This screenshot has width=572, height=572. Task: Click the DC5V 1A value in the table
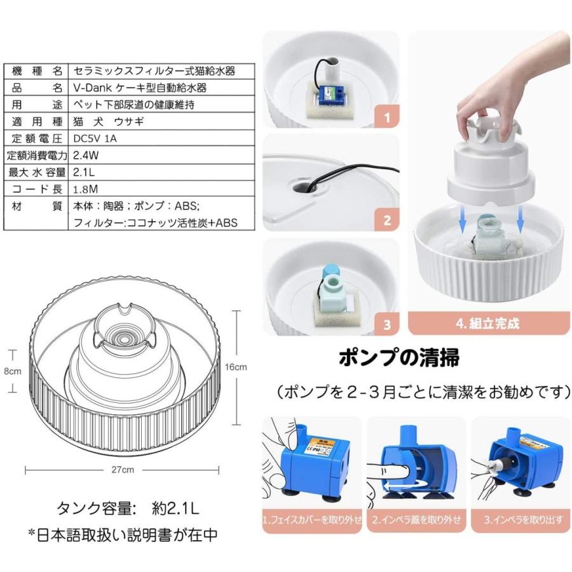[95, 137]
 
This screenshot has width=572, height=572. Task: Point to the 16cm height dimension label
[235, 367]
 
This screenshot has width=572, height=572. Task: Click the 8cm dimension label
[13, 372]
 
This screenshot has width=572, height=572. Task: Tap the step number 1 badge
[387, 118]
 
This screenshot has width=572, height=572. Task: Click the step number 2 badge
[387, 221]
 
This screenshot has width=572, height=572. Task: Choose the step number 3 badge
[387, 325]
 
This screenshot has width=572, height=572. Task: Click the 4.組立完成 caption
[487, 323]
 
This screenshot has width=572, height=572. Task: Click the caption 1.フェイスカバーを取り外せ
[312, 519]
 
